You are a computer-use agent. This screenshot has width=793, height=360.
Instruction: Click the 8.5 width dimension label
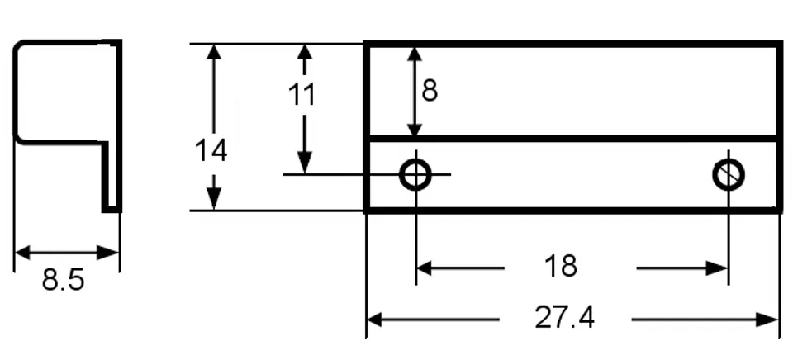(x=63, y=280)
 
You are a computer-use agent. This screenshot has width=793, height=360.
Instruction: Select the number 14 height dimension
(x=211, y=151)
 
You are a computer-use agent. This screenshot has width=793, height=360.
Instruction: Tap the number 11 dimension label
(x=303, y=95)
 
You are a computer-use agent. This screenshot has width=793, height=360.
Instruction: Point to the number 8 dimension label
(x=430, y=90)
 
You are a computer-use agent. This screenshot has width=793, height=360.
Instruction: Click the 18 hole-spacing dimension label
(x=561, y=267)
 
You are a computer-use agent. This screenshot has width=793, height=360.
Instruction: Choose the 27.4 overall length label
(x=565, y=318)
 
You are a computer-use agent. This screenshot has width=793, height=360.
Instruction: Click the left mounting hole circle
(x=415, y=174)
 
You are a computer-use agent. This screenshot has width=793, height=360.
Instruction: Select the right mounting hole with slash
(x=729, y=174)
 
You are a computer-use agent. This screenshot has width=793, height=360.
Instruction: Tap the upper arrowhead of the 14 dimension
(x=214, y=51)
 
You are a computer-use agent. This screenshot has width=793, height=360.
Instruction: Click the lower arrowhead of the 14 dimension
(x=214, y=201)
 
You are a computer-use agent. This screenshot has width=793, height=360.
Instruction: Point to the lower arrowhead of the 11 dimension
(x=304, y=164)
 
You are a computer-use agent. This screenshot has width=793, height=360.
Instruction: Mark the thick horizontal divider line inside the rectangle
(x=572, y=138)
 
